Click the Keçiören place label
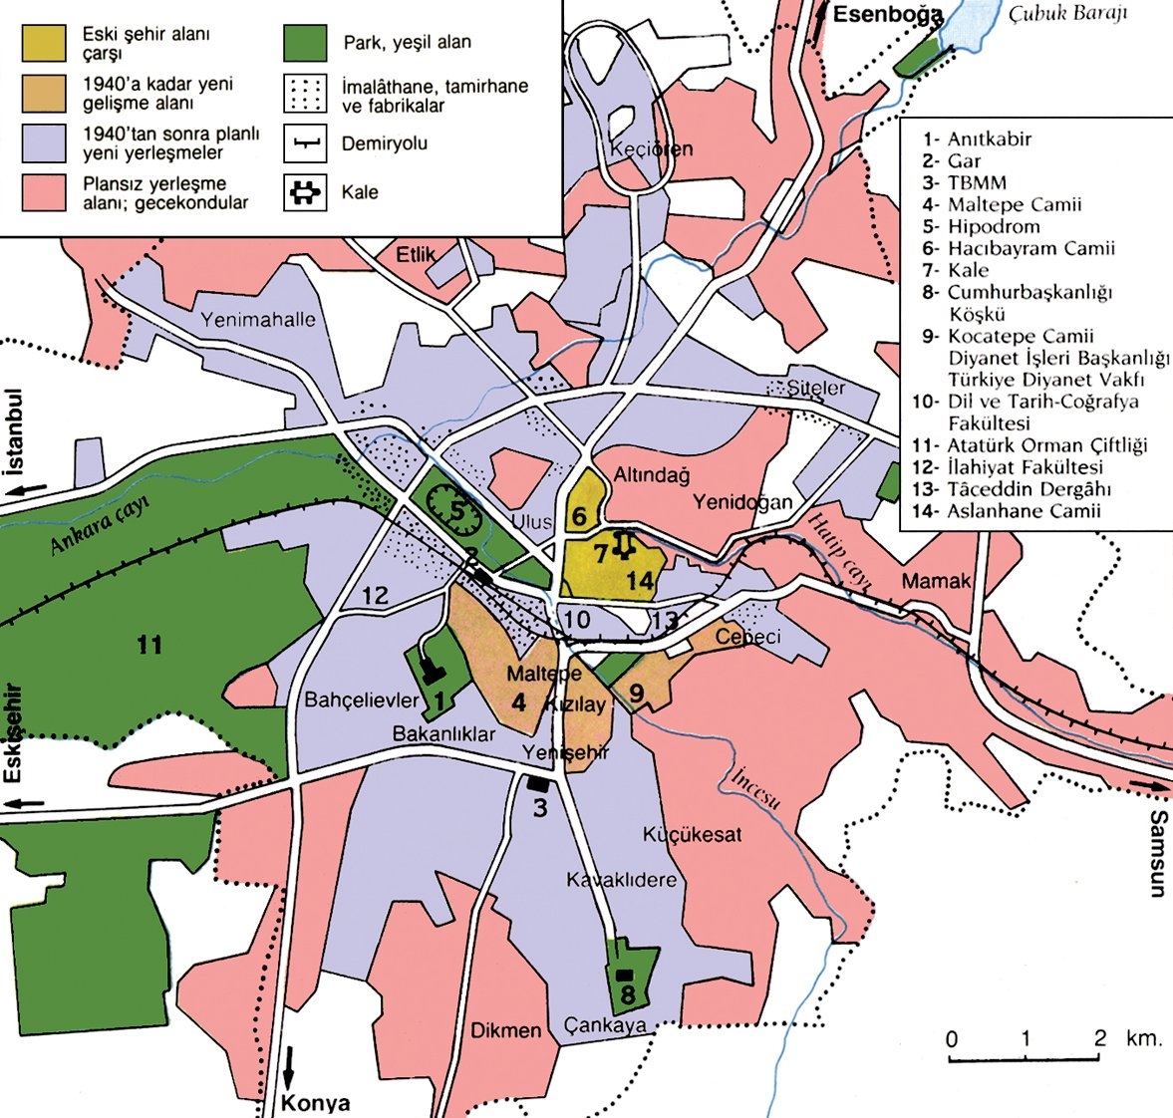tap(651, 149)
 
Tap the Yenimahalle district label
tap(258, 320)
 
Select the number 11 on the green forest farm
tap(149, 646)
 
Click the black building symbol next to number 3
tap(538, 784)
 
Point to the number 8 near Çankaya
tap(627, 994)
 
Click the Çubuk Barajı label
tap(1066, 14)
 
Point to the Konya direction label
tap(316, 1103)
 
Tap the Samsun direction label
tap(1156, 853)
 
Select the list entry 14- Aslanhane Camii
tap(1012, 511)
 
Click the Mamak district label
tap(936, 581)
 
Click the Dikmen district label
tap(506, 1030)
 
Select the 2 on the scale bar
tap(1100, 1037)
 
